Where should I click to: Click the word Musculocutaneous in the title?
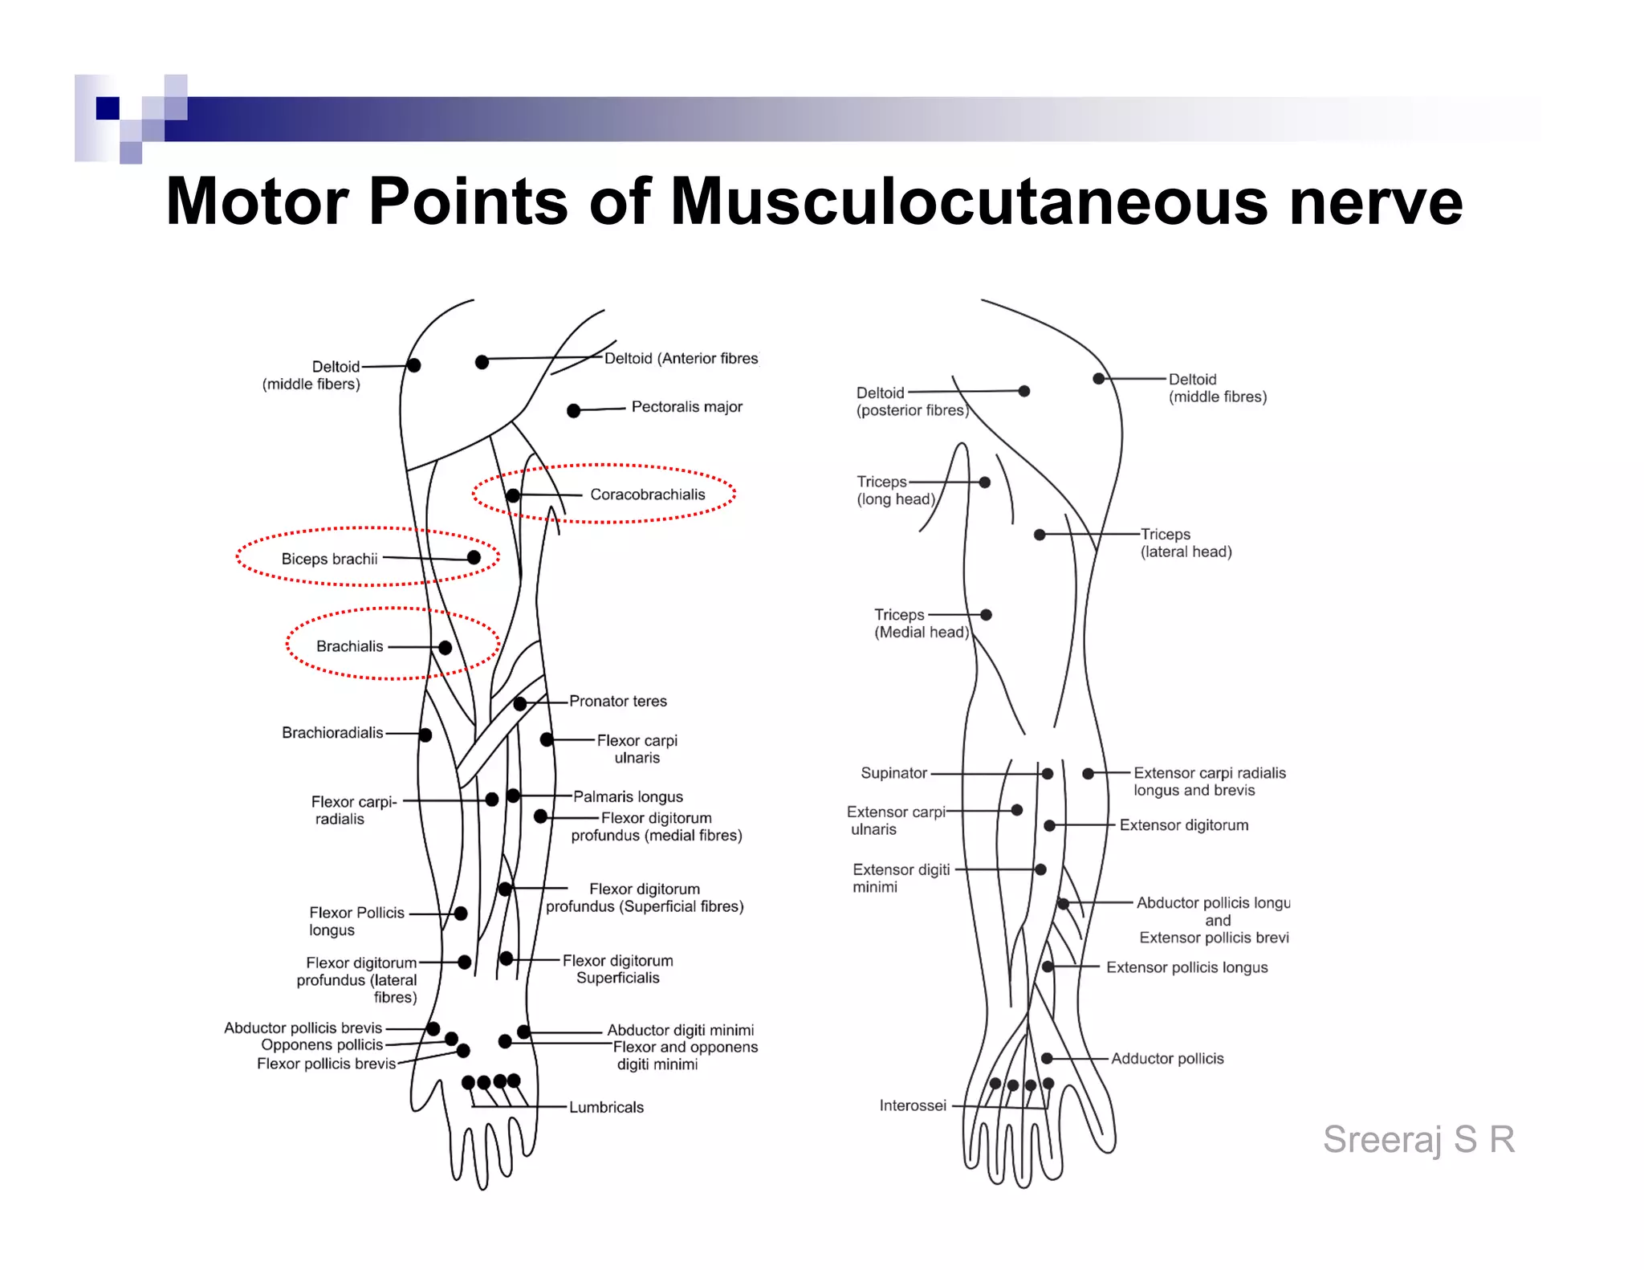969,201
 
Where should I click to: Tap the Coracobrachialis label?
647,495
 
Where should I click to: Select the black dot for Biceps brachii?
474,558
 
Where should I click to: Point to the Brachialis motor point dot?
445,648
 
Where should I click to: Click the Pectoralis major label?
686,407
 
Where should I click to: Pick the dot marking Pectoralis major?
573,411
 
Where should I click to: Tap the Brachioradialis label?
332,733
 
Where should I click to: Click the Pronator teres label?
617,702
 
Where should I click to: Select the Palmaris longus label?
628,797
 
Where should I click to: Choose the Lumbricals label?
606,1108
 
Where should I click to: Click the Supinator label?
893,773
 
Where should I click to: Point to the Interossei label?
913,1106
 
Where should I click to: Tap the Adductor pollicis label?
1167,1059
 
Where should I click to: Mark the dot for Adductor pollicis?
1047,1059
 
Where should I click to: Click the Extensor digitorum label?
1184,825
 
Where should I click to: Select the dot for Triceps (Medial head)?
986,615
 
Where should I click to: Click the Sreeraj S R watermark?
1418,1139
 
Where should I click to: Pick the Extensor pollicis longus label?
1186,968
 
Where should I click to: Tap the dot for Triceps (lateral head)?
1040,535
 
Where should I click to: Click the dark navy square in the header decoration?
108,108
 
